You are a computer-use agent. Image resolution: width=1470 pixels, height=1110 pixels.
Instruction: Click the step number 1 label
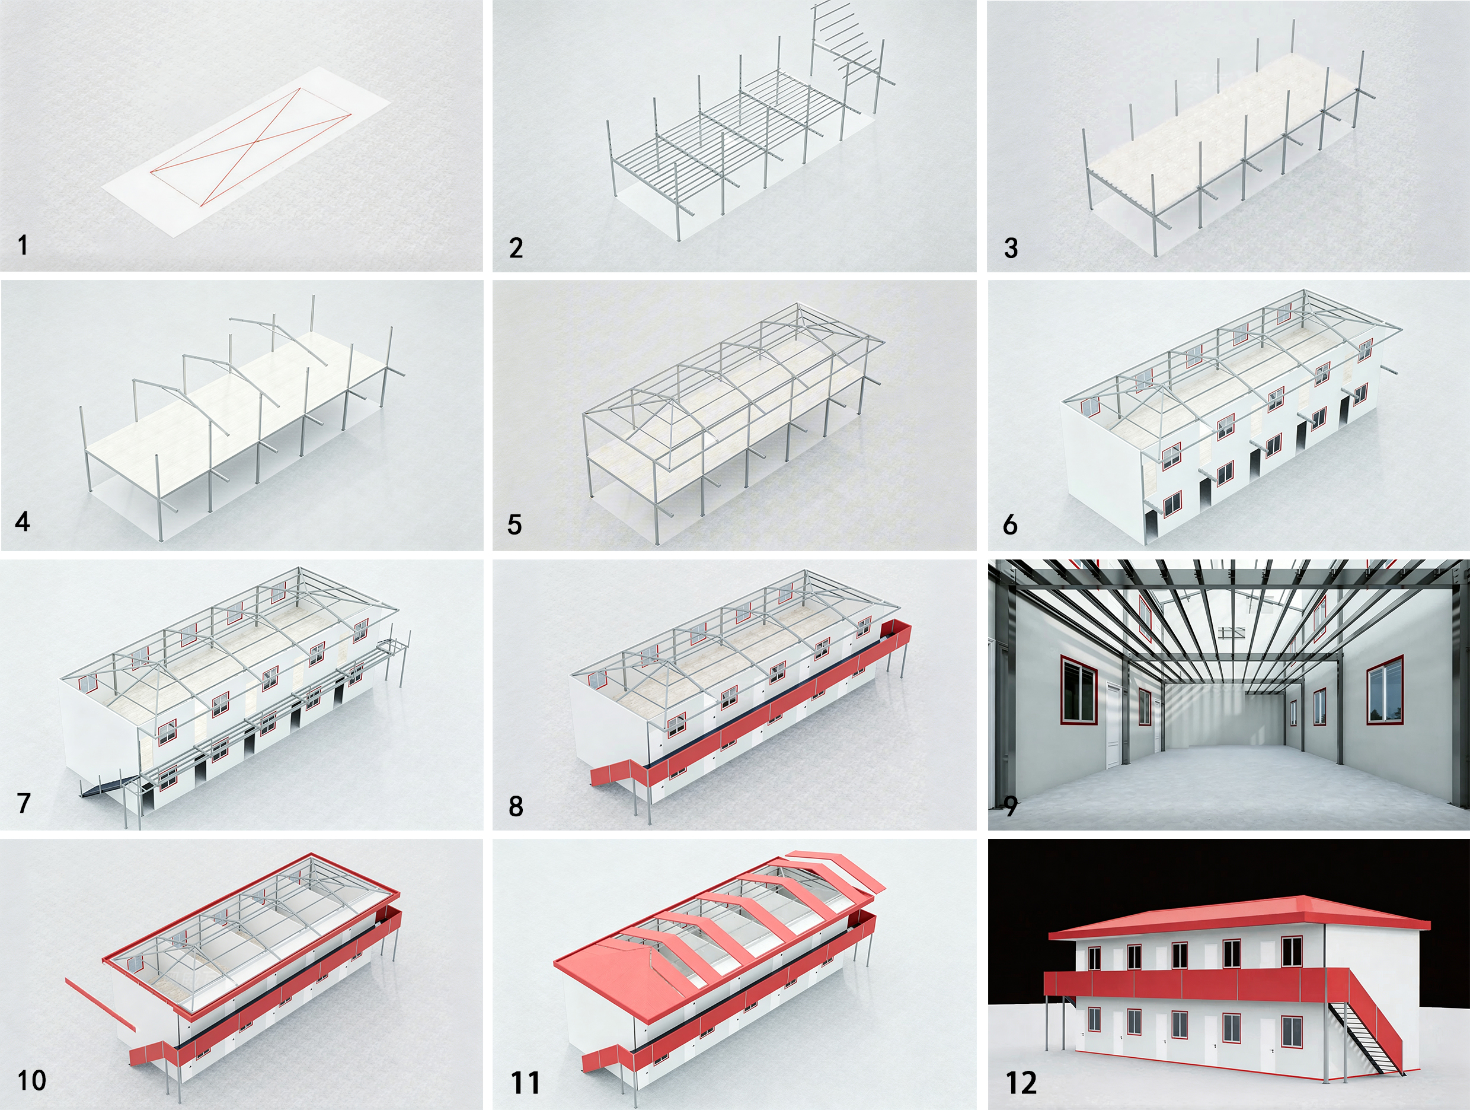point(23,246)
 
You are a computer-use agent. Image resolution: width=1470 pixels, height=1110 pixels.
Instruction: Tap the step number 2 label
point(516,248)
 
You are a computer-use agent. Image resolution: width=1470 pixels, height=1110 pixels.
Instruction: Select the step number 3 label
point(1011,248)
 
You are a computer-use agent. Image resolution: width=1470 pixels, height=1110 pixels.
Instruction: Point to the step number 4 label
point(23,521)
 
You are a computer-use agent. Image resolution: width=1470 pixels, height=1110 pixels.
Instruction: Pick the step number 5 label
point(514,524)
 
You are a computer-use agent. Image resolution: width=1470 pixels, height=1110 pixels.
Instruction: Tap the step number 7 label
point(24,803)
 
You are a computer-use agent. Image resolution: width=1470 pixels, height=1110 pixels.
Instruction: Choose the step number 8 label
point(516,806)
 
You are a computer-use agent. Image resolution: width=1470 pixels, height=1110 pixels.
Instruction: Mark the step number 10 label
point(31,1080)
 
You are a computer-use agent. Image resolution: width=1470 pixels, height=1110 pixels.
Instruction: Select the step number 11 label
point(525,1083)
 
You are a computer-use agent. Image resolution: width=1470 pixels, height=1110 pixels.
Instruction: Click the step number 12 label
point(1021,1083)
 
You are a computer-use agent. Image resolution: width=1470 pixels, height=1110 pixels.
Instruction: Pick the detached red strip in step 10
point(100,1005)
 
